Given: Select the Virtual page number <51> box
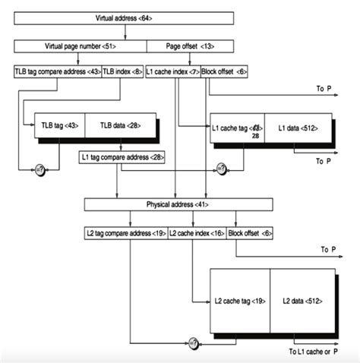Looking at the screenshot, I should click(79, 45).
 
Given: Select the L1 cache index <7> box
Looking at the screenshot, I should click(172, 72).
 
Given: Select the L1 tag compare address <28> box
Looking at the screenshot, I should click(122, 157).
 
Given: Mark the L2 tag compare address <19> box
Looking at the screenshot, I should click(125, 233).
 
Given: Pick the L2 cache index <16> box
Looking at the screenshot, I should click(196, 233).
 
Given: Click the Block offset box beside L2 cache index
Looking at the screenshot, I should click(250, 233).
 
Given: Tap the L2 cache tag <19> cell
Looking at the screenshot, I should click(240, 301).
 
